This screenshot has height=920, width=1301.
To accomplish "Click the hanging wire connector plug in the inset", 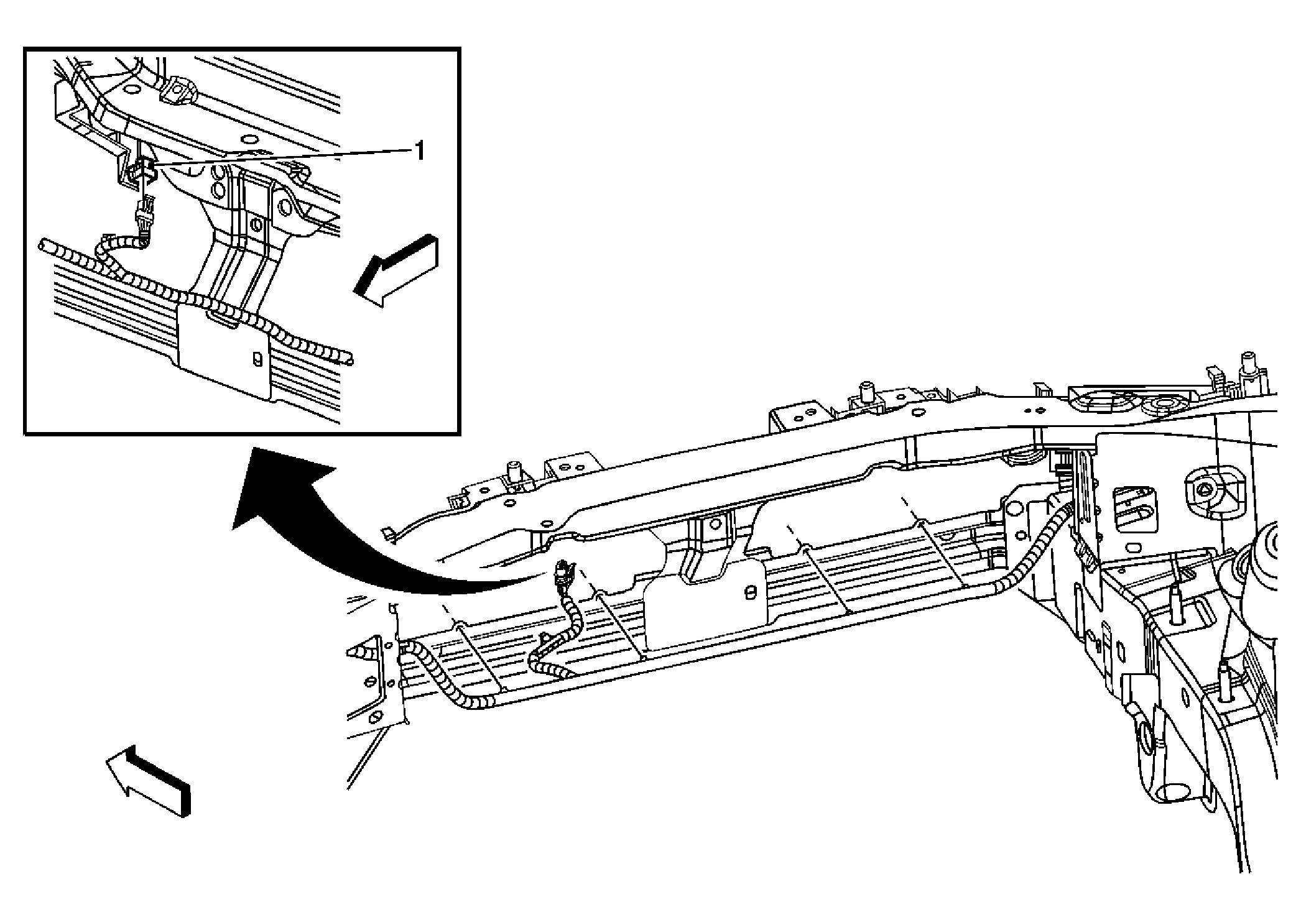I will pos(144,218).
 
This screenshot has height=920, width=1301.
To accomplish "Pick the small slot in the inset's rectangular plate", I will pos(255,360).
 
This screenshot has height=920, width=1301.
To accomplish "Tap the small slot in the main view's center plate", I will pos(751,592).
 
